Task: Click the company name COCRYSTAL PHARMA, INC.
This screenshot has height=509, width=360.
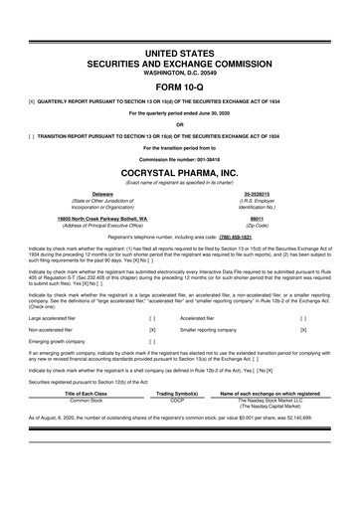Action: click(179, 172)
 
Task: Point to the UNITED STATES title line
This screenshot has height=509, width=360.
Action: click(179, 50)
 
